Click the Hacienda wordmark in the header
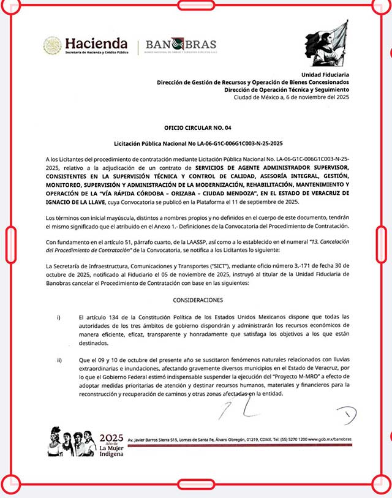tap(96, 44)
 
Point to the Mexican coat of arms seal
tap(52, 45)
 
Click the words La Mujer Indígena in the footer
tap(111, 450)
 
